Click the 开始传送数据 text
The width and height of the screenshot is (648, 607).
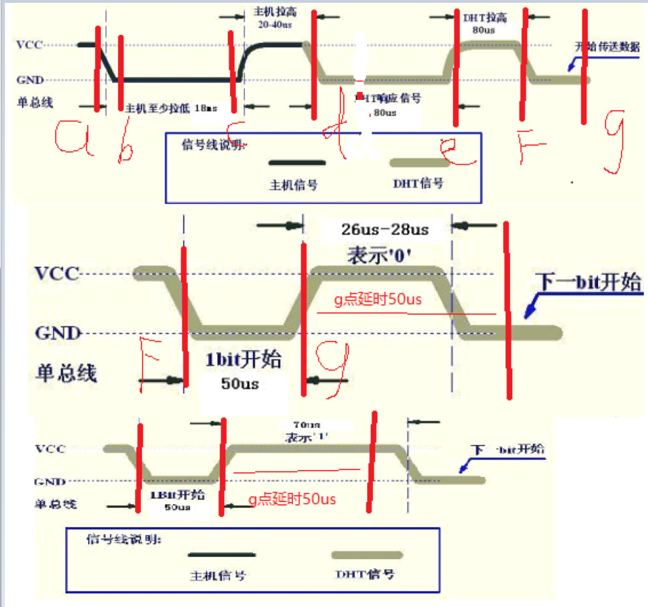(x=607, y=47)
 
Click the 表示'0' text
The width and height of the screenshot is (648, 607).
(x=376, y=254)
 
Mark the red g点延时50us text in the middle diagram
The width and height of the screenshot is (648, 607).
(x=378, y=300)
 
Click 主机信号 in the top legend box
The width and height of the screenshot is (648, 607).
(x=293, y=184)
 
